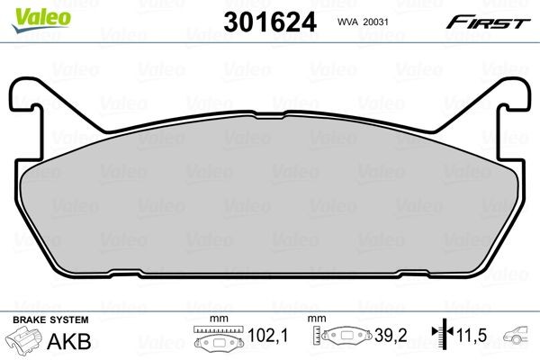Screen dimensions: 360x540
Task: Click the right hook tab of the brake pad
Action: click(514, 96)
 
